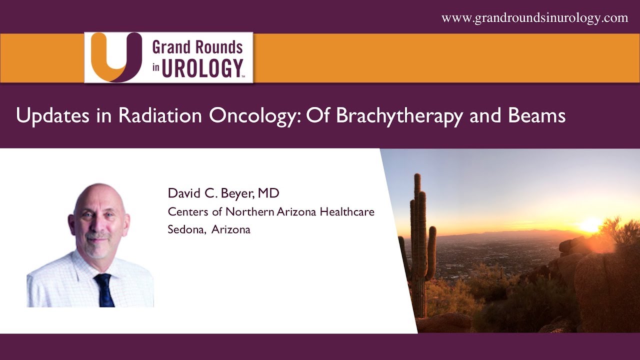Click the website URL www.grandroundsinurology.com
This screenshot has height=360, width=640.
click(534, 18)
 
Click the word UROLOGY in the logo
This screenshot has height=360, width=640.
click(202, 68)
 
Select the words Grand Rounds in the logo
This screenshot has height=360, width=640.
click(197, 47)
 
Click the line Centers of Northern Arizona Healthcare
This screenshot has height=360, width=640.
click(271, 211)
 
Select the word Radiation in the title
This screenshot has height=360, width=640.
click(161, 115)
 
